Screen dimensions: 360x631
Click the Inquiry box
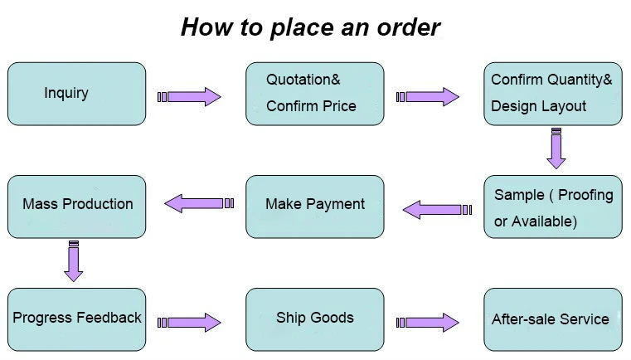[x=76, y=94]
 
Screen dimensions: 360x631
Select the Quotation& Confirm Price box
[x=314, y=94]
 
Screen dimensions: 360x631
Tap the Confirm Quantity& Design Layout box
[x=552, y=94]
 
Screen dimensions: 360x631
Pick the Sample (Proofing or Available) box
[x=552, y=207]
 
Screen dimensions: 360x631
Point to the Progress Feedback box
[x=76, y=319]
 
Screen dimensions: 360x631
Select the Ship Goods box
[x=314, y=319]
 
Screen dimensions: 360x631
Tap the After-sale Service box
[x=552, y=319]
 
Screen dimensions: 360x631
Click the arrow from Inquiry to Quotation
[x=190, y=97]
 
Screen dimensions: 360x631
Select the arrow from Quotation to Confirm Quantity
[x=428, y=97]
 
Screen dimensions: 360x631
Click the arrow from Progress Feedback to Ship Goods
[x=190, y=322]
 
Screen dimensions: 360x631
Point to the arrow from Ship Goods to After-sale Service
[x=428, y=322]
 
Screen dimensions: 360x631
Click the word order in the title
[x=406, y=27]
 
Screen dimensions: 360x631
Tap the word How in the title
[x=204, y=27]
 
